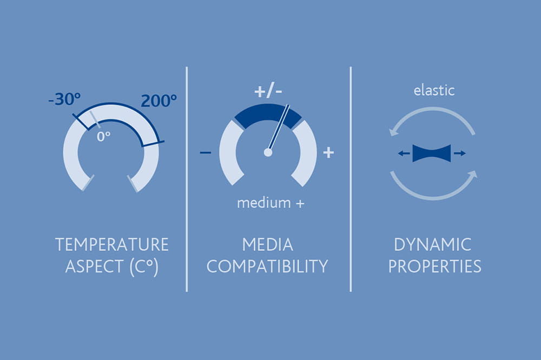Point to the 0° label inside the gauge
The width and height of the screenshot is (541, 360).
point(103,136)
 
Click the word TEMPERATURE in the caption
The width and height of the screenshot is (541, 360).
point(111,244)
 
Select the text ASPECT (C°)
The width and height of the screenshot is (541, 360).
point(111,267)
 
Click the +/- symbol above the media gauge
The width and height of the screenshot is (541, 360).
point(268,91)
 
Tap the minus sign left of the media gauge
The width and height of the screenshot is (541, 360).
point(206,153)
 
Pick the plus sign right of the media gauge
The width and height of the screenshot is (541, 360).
point(328,153)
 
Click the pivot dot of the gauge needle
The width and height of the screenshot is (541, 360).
point(268,152)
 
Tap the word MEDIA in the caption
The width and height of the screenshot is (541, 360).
point(267,244)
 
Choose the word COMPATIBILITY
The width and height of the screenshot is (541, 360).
point(267,267)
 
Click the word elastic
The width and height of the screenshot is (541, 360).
point(434,90)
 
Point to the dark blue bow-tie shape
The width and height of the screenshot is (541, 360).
point(431,154)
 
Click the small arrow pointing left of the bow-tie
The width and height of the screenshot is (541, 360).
point(404,154)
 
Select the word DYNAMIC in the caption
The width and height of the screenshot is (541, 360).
point(433,244)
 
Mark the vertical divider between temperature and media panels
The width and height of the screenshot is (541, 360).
point(187,178)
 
